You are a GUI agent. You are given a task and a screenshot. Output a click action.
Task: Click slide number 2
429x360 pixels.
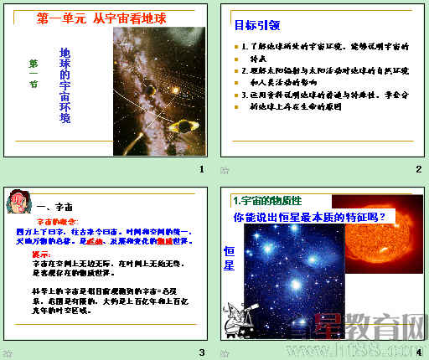418,170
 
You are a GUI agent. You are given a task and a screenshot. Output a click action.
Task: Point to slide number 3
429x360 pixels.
201,352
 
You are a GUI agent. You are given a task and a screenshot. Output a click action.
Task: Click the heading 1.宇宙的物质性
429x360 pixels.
267,200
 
